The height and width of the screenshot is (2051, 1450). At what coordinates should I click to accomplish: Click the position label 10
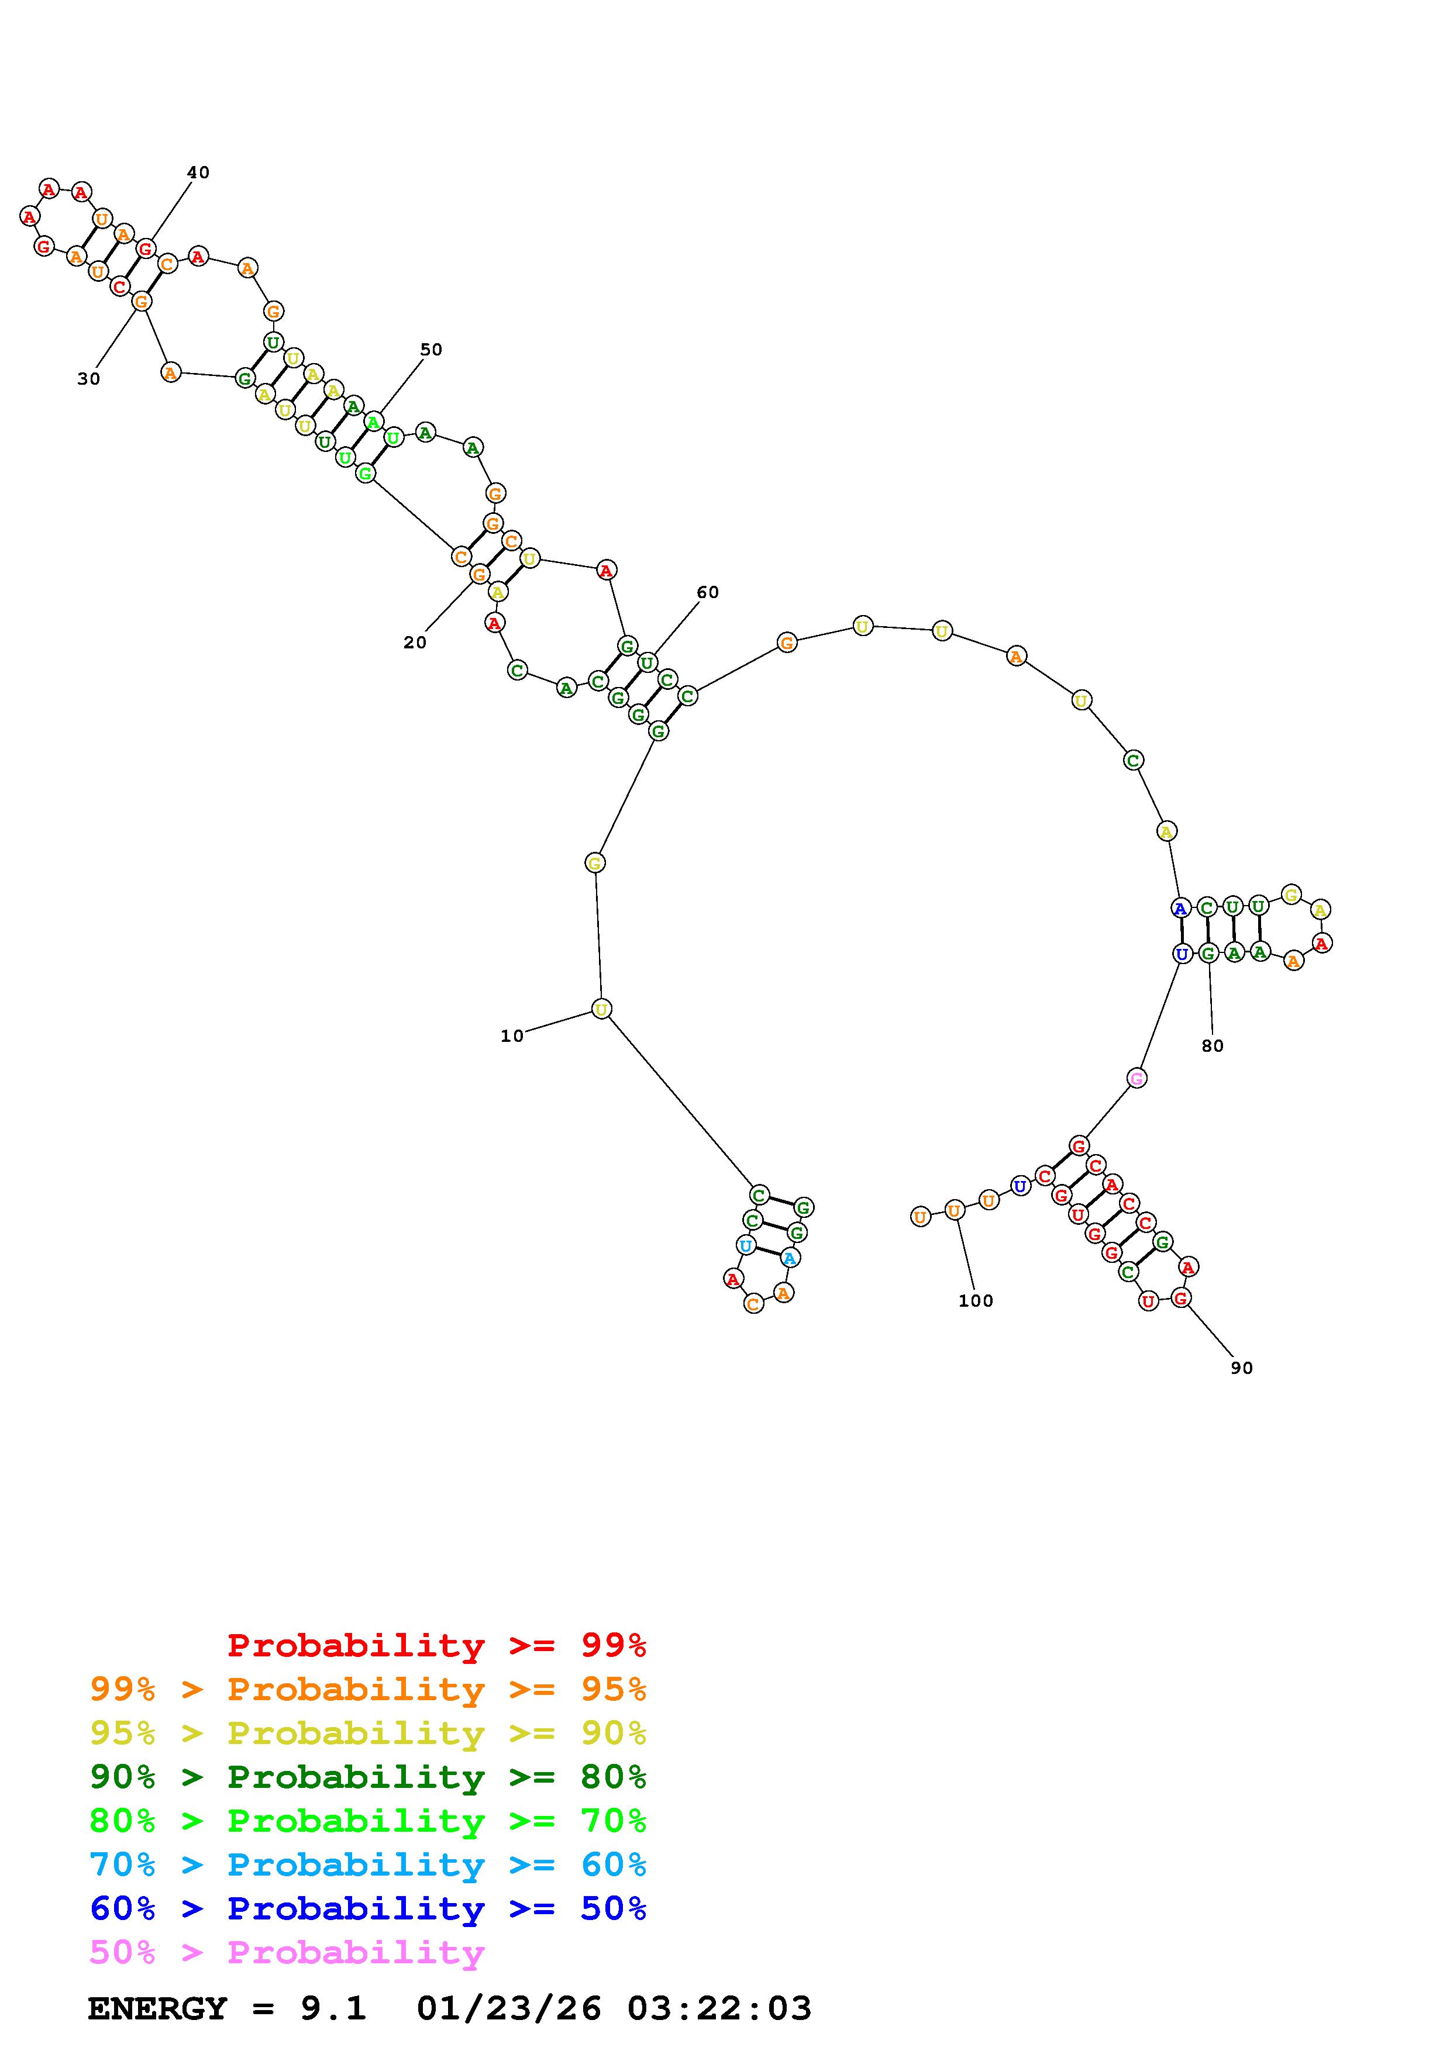tap(512, 1036)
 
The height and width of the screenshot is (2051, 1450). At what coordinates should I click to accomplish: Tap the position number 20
tap(415, 643)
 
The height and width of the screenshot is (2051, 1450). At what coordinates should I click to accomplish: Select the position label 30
tap(88, 379)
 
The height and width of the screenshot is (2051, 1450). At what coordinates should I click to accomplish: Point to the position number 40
tap(198, 172)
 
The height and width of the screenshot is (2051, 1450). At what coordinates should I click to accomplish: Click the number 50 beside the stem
tap(432, 349)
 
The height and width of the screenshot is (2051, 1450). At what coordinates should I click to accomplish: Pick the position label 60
tap(708, 592)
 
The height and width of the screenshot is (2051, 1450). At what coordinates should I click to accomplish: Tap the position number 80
tap(1213, 1046)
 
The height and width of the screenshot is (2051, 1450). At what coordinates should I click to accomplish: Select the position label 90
tap(1242, 1368)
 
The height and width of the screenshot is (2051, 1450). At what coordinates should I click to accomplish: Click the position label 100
tap(976, 1301)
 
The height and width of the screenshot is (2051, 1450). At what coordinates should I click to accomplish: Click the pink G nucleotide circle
tap(1136, 1078)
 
